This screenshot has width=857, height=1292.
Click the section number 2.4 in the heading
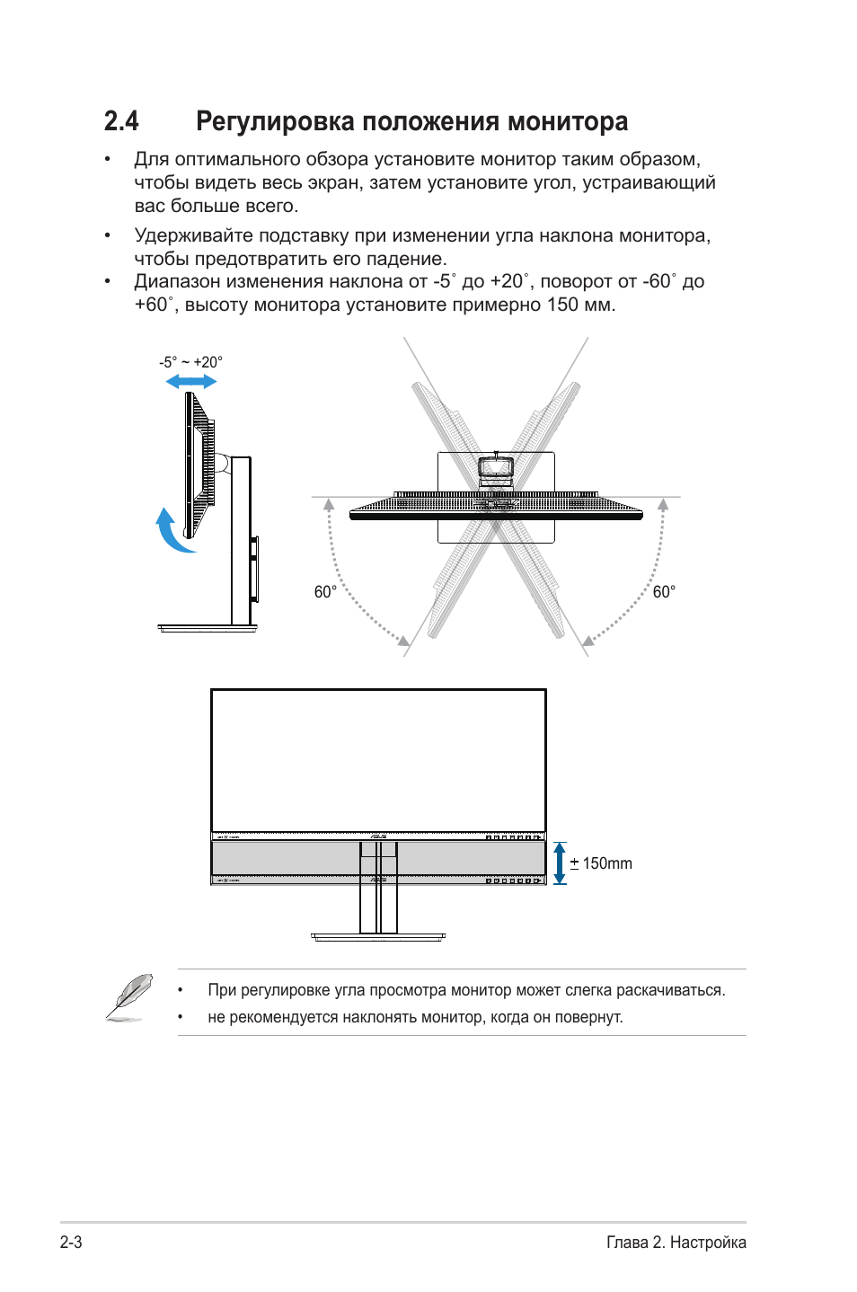point(121,121)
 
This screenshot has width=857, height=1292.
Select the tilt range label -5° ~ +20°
point(190,362)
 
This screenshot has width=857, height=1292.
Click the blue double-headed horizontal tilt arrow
point(191,382)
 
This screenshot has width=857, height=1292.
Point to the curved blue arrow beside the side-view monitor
point(172,532)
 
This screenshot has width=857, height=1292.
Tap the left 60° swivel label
point(325,592)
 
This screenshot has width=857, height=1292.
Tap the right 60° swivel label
point(664,592)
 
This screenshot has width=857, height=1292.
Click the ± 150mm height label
point(601,863)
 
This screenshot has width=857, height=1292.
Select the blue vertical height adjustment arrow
point(560,863)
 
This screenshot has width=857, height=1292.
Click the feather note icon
point(128,997)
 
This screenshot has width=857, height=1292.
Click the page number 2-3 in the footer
point(71,1243)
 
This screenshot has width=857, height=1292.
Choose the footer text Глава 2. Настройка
point(676,1243)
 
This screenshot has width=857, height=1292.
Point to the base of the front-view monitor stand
point(377,937)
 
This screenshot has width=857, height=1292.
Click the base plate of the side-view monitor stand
point(208,627)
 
